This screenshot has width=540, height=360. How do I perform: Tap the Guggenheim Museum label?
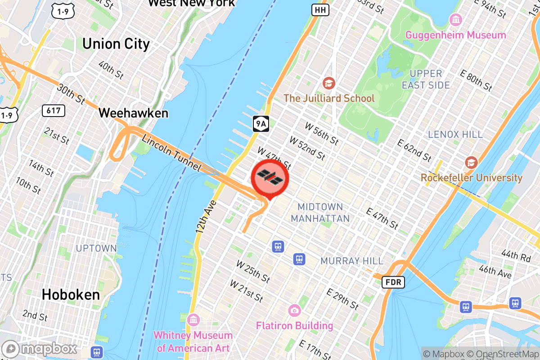coord(455,35)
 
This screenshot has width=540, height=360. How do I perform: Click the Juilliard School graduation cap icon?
coord(329,83)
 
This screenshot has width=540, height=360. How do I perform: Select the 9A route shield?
coord(261,122)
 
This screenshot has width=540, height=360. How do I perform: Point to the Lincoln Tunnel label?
coord(171,153)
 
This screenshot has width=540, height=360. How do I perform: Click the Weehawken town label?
coord(133,113)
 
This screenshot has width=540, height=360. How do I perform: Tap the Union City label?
coord(116,44)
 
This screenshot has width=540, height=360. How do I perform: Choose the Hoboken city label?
coord(71,295)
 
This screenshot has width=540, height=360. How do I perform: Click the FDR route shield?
coord(393,283)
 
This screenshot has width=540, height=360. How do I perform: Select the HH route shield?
coord(320,9)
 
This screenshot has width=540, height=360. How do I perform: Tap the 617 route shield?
coord(53,110)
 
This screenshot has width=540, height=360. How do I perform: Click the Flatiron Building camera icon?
coord(295,310)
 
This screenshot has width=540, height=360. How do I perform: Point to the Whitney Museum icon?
coord(194,320)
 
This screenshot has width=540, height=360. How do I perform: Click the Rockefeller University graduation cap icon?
coord(471,162)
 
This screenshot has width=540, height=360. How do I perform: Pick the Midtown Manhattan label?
coord(320,212)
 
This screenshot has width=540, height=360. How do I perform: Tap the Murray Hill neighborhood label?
coord(352,261)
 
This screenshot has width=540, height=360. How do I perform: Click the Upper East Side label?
coord(425,79)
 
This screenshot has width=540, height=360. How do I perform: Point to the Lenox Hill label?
coord(455,134)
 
